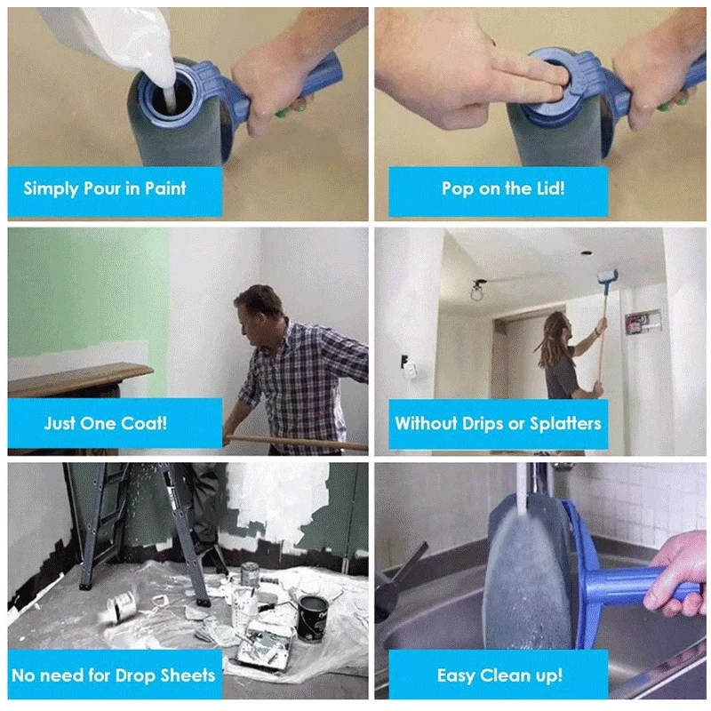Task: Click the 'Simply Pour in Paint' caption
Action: [x=105, y=188]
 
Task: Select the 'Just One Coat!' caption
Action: [x=105, y=423]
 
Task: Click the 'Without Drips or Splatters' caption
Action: [x=498, y=423]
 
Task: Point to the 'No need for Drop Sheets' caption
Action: [x=113, y=675]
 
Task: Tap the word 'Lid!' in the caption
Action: [x=547, y=188]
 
